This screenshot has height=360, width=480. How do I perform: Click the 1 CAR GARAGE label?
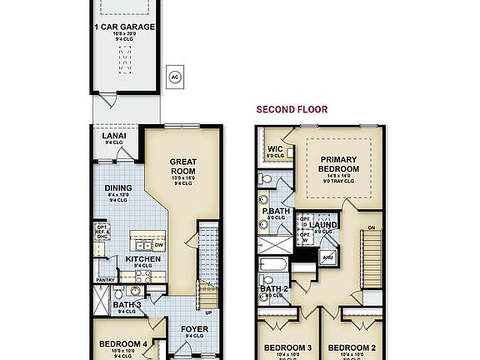pos(124,27)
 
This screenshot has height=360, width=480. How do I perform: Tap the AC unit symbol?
pos(175,77)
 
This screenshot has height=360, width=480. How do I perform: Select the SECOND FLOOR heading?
pos(292,109)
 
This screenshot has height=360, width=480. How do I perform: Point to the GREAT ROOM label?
pos(182,165)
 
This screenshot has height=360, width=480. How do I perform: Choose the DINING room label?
pos(117,187)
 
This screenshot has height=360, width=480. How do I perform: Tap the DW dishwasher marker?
pos(158,246)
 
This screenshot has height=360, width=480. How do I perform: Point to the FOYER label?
pos(194,329)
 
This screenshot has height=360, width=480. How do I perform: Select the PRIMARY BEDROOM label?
pos(339,163)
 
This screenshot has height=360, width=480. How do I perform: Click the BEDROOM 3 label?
pos(287,347)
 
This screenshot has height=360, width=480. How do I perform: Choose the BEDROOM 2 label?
pos(350,347)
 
